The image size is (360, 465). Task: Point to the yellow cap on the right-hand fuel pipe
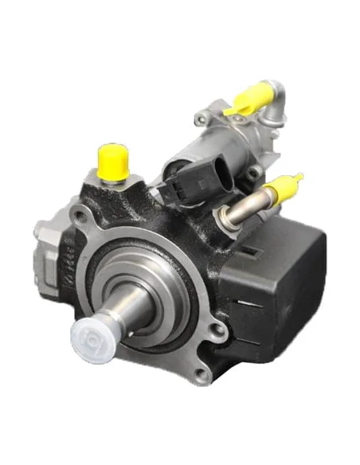[x=280, y=189]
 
